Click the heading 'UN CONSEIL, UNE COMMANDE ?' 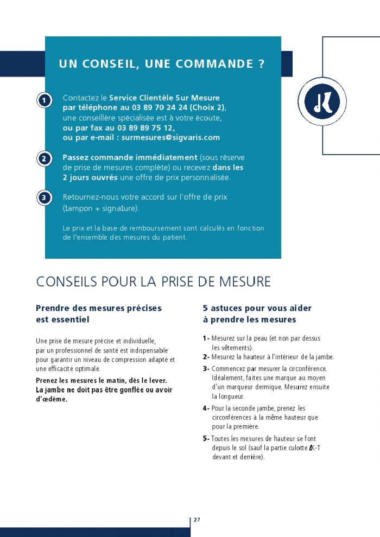(x=162, y=63)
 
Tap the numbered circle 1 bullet (x=44, y=100)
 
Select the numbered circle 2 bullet (x=44, y=159)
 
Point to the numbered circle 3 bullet (x=44, y=198)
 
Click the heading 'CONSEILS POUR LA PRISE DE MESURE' (x=153, y=282)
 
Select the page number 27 (x=197, y=520)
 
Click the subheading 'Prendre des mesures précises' (x=99, y=308)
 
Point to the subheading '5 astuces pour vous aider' (x=257, y=308)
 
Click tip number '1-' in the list (x=206, y=338)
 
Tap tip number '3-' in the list (x=206, y=369)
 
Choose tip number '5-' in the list (x=206, y=438)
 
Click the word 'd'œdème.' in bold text (x=52, y=399)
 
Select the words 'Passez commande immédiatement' (x=130, y=157)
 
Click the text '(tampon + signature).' (x=101, y=208)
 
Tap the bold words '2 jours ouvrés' (x=90, y=177)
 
